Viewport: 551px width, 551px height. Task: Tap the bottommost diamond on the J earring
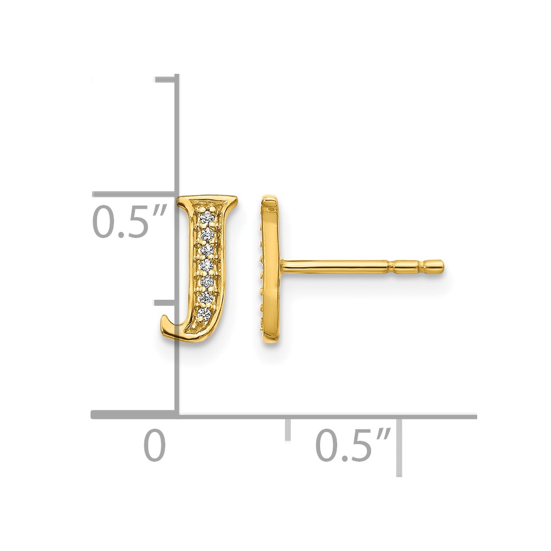pos(204,313)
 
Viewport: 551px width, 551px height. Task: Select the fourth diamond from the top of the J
pos(207,266)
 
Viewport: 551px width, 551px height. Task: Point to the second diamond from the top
pos(207,234)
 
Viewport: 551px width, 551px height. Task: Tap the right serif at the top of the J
pos(231,201)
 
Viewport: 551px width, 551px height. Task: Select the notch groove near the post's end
pos(421,267)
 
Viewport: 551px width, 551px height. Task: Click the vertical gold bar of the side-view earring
pos(270,269)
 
